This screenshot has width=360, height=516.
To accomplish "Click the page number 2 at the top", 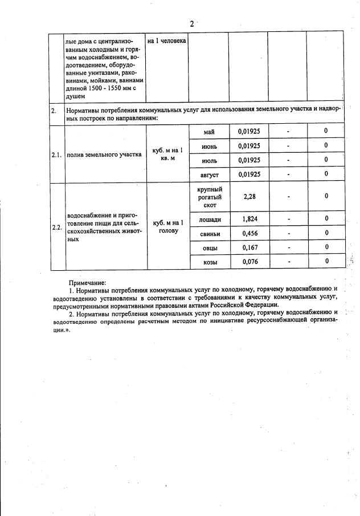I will pyautogui.click(x=191, y=24).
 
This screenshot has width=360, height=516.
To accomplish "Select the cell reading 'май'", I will pyautogui.click(x=208, y=132).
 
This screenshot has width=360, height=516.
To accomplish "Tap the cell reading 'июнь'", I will pyautogui.click(x=208, y=146).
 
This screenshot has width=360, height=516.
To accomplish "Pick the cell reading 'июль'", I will pyautogui.click(x=208, y=160).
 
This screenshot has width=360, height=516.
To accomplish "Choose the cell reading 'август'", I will pyautogui.click(x=208, y=174).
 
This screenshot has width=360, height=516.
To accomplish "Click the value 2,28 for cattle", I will pyautogui.click(x=249, y=197).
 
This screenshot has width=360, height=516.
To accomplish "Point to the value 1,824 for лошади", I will pyautogui.click(x=249, y=219).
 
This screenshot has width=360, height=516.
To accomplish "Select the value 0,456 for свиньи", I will pyautogui.click(x=249, y=233).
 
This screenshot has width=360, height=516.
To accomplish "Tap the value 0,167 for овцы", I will pyautogui.click(x=249, y=247).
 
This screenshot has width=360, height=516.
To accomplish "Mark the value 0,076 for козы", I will pyautogui.click(x=249, y=262).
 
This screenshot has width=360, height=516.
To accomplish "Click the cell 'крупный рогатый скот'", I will pyautogui.click(x=208, y=197).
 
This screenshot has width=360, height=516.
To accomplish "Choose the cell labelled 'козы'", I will pyautogui.click(x=208, y=262).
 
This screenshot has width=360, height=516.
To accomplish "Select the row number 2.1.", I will pyautogui.click(x=56, y=155).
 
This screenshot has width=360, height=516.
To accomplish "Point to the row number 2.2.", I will pyautogui.click(x=56, y=227).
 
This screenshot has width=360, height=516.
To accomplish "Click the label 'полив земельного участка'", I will pyautogui.click(x=104, y=154).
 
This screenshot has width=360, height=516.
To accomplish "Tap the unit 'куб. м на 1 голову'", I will pyautogui.click(x=167, y=226).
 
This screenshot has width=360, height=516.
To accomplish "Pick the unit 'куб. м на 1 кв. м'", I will pyautogui.click(x=167, y=153).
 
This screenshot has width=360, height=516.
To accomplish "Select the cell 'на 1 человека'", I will pyautogui.click(x=166, y=42).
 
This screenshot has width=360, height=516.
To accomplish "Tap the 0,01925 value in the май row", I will pyautogui.click(x=249, y=132).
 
